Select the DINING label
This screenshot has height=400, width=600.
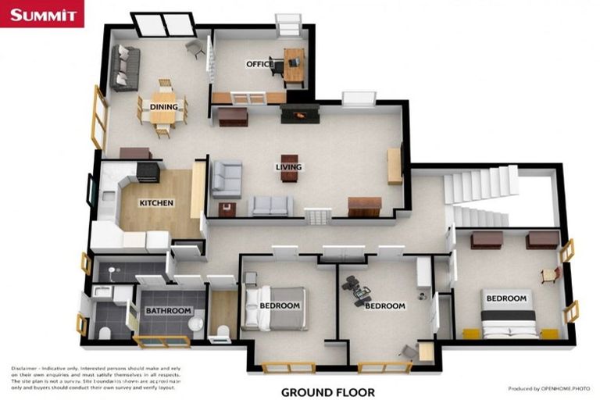(x=164, y=107)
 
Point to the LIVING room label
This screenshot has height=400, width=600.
(x=288, y=166)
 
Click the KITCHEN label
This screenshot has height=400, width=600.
(x=156, y=203)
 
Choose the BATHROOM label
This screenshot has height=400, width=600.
(x=168, y=311)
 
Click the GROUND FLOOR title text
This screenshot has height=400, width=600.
(x=327, y=392)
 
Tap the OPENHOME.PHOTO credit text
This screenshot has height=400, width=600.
(x=549, y=388)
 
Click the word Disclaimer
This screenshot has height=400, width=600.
(x=28, y=367)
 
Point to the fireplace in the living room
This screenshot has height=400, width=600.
(x=300, y=114)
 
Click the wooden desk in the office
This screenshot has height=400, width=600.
(x=294, y=66)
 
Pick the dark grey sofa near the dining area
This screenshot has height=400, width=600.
(x=124, y=68)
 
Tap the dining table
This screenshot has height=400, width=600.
(x=163, y=109)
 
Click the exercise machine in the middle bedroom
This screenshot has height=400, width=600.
(x=358, y=291)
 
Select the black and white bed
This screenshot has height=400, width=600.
(x=508, y=316)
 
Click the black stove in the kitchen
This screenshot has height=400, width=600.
(x=148, y=171)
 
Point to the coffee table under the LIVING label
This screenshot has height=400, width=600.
(x=289, y=167)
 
